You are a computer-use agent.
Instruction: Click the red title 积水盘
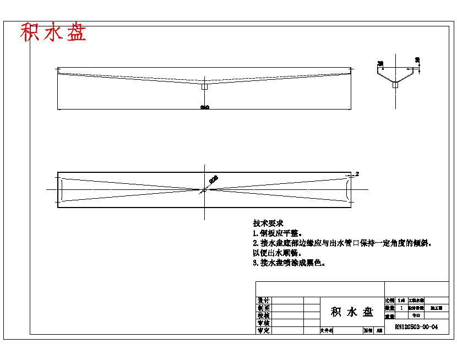click(53, 32)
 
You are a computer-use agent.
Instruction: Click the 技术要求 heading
click(268, 223)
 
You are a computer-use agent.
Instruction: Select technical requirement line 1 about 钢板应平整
click(278, 233)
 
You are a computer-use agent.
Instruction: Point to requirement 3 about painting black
click(289, 263)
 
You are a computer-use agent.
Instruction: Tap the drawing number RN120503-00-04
click(416, 327)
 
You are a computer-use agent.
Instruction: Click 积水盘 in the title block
click(352, 312)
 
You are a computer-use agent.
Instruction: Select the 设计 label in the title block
click(264, 301)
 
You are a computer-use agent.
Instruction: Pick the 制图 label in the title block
click(264, 308)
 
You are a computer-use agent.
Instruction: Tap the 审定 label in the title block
click(264, 330)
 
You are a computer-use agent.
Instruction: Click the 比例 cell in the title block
click(390, 301)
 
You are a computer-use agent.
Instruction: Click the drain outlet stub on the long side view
click(204, 86)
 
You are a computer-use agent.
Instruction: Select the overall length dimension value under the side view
click(204, 107)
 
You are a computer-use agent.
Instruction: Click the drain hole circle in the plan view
click(204, 189)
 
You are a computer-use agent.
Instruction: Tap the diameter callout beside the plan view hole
click(213, 179)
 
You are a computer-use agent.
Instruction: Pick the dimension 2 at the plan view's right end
click(357, 173)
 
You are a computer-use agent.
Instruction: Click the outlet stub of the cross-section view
click(395, 85)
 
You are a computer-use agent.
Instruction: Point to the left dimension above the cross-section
click(380, 63)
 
